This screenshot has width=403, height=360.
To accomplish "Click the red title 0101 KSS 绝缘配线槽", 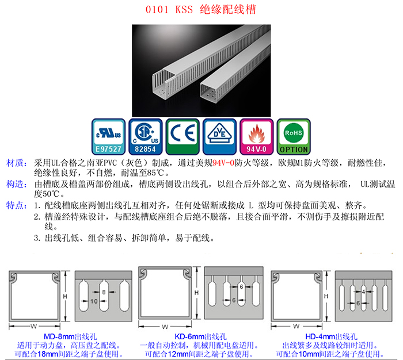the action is [201, 10].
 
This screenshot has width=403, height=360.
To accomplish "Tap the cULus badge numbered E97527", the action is [108, 137].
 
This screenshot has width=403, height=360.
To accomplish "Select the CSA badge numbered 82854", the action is [146, 137].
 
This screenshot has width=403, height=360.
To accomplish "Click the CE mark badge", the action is [183, 137].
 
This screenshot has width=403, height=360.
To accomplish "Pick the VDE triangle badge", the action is [219, 137].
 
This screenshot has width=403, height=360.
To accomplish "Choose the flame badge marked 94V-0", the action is [257, 137].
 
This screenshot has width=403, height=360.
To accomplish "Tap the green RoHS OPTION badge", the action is [294, 137].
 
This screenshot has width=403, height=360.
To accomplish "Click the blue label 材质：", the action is [17, 163].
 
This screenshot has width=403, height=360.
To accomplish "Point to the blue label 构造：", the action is [17, 184].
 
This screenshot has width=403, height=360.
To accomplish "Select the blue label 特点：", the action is [17, 205].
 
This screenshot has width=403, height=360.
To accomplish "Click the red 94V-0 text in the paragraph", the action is [223, 163].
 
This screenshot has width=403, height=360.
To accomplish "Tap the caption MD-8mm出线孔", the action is [70, 336].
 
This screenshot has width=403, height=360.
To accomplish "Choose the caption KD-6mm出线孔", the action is [200, 336].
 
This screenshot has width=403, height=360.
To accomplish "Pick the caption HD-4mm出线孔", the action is [331, 336].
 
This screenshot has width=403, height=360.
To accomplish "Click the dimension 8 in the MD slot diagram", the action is [104, 292].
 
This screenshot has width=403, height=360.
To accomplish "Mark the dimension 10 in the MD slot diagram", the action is [94, 301].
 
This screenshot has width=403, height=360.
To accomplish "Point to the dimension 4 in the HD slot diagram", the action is [363, 292].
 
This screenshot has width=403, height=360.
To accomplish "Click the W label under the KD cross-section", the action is [165, 327].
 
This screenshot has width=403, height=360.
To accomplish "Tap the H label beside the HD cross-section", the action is [326, 296].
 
